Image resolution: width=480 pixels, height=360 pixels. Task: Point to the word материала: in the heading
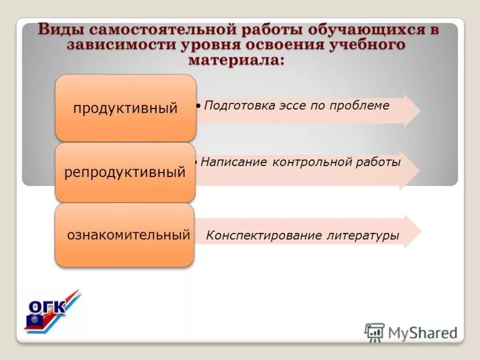(235, 60)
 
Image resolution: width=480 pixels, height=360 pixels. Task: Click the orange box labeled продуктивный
(126, 108)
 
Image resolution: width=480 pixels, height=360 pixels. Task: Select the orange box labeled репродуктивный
(125, 173)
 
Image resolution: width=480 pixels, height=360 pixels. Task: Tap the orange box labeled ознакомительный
(125, 235)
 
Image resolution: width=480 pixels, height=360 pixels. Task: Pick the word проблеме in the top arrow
(362, 106)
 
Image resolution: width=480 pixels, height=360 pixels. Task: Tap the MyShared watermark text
(422, 332)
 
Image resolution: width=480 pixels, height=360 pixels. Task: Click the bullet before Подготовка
(199, 106)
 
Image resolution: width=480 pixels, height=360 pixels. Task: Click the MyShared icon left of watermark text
(374, 331)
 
